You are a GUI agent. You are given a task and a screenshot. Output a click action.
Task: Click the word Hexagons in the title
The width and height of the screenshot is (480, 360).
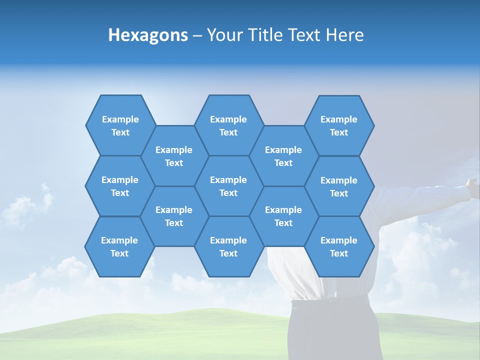click(x=148, y=35)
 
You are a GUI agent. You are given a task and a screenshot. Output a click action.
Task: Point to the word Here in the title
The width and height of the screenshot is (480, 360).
click(x=344, y=35)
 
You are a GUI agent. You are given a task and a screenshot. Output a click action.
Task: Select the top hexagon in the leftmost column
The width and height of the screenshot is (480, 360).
click(x=120, y=125)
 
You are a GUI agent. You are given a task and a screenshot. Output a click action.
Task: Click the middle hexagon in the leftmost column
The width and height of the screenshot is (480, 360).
click(x=120, y=186)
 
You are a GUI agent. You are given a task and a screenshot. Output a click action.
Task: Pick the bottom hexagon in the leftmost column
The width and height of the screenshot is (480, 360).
click(x=119, y=246)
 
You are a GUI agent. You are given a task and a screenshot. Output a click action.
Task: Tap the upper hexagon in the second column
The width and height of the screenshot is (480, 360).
click(x=174, y=156)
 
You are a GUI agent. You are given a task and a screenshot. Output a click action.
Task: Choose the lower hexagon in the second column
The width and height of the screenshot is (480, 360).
click(x=174, y=216)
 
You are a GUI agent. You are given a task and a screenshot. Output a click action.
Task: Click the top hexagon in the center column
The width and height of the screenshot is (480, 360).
click(x=228, y=125)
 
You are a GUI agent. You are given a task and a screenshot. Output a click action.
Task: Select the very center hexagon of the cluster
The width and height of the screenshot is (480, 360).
click(x=228, y=186)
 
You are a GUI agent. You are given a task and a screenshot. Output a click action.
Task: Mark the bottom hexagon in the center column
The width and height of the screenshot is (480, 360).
click(x=228, y=246)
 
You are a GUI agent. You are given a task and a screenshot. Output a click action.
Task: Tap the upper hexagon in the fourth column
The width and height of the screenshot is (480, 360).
click(x=283, y=156)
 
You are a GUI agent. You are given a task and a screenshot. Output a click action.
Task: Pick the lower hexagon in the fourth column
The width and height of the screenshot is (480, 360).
click(x=283, y=216)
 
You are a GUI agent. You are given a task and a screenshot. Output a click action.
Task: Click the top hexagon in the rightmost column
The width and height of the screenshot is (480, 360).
click(x=339, y=125)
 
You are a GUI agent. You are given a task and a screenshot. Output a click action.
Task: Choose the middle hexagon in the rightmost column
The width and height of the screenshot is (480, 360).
click(x=339, y=186)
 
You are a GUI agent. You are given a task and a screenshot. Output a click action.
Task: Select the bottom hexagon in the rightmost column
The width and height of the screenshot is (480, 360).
click(x=339, y=246)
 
